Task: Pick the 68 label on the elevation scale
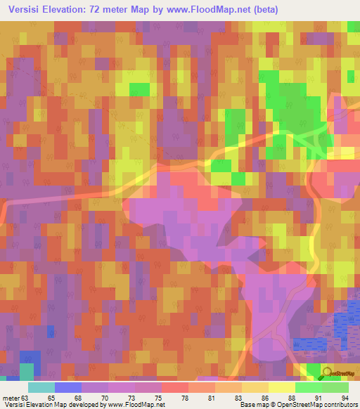coord(86,398)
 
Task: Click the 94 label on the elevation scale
coord(344,398)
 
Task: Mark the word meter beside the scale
coord(12,398)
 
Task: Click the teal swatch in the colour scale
coord(41,387)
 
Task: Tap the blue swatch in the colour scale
coord(67,387)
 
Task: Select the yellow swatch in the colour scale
coord(281,387)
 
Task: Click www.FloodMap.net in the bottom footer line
coord(139,405)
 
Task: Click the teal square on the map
coord(27,371)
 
